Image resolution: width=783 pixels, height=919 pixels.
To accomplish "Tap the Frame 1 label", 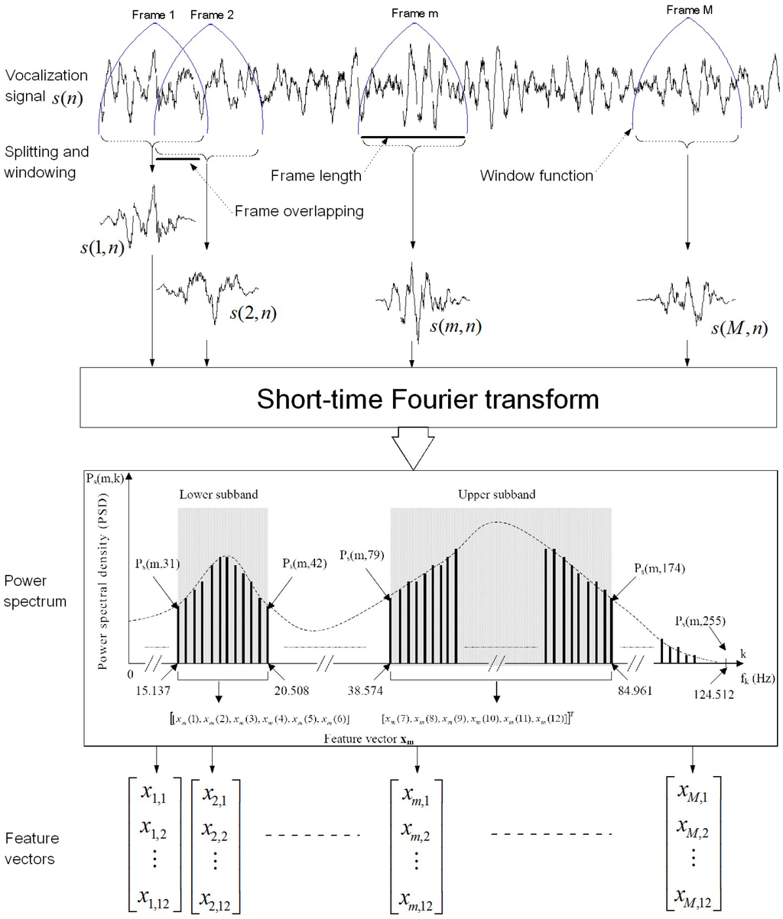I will pyautogui.click(x=154, y=14).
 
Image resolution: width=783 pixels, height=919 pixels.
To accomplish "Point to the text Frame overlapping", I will pyautogui.click(x=299, y=211).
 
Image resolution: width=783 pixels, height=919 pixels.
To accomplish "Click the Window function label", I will pyautogui.click(x=536, y=176).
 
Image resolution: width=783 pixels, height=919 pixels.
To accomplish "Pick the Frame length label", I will pyautogui.click(x=316, y=176).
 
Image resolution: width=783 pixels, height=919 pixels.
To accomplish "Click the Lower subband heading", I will pyautogui.click(x=208, y=494).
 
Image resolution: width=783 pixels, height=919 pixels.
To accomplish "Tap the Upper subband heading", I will pyautogui.click(x=497, y=494).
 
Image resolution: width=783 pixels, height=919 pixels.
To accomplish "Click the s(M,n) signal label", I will pyautogui.click(x=739, y=329).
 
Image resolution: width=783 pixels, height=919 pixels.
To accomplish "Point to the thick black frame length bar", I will pyautogui.click(x=412, y=138).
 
